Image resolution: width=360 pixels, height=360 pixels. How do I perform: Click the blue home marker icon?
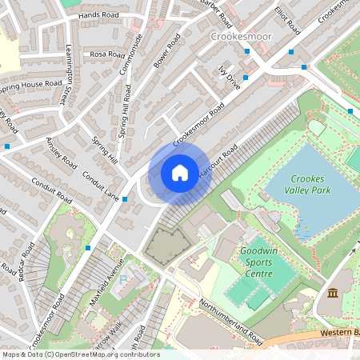180,172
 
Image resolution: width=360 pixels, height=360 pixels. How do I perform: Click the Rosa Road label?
107,54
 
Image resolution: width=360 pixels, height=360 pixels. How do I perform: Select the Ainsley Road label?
61,153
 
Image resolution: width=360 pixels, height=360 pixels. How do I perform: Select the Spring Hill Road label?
126,113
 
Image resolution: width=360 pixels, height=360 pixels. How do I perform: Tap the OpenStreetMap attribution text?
80,354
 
